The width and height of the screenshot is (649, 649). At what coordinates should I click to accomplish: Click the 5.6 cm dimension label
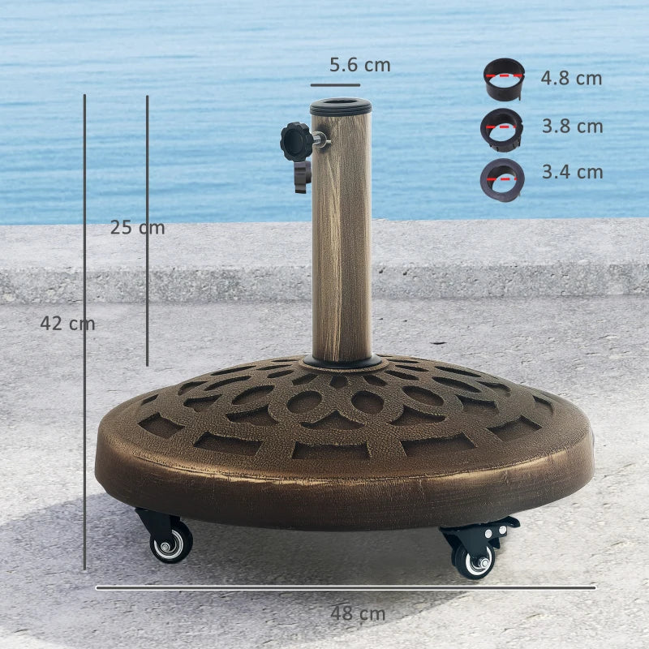coord(359,65)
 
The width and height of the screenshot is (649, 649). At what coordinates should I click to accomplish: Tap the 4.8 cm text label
coord(572,79)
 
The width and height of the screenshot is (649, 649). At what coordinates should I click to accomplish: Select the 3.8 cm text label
coord(572,127)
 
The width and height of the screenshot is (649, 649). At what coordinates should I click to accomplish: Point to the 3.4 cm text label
coord(572,172)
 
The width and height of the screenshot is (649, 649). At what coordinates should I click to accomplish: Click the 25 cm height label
coord(137,228)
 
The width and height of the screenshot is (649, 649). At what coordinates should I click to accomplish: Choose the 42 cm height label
coord(67,324)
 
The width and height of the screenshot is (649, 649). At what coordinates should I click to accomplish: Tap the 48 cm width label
coord(358,614)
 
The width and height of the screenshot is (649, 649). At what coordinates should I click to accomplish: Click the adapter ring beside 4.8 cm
coord(504,80)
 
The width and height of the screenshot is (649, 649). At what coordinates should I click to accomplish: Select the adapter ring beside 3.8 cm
coord(501,129)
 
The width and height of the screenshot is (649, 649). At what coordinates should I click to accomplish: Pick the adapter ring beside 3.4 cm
coord(501,179)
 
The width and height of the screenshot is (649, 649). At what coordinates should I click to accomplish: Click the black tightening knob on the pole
coord(297,141)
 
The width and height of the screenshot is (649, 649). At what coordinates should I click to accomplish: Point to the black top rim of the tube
coord(341,106)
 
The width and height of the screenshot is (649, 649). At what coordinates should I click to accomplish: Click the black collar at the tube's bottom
coord(342,361)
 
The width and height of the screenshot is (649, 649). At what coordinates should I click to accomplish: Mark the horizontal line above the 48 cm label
coord(346,587)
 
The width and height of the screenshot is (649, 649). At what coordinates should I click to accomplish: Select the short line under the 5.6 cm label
coord(335,84)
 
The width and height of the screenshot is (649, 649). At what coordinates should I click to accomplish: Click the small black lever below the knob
coord(302,176)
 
